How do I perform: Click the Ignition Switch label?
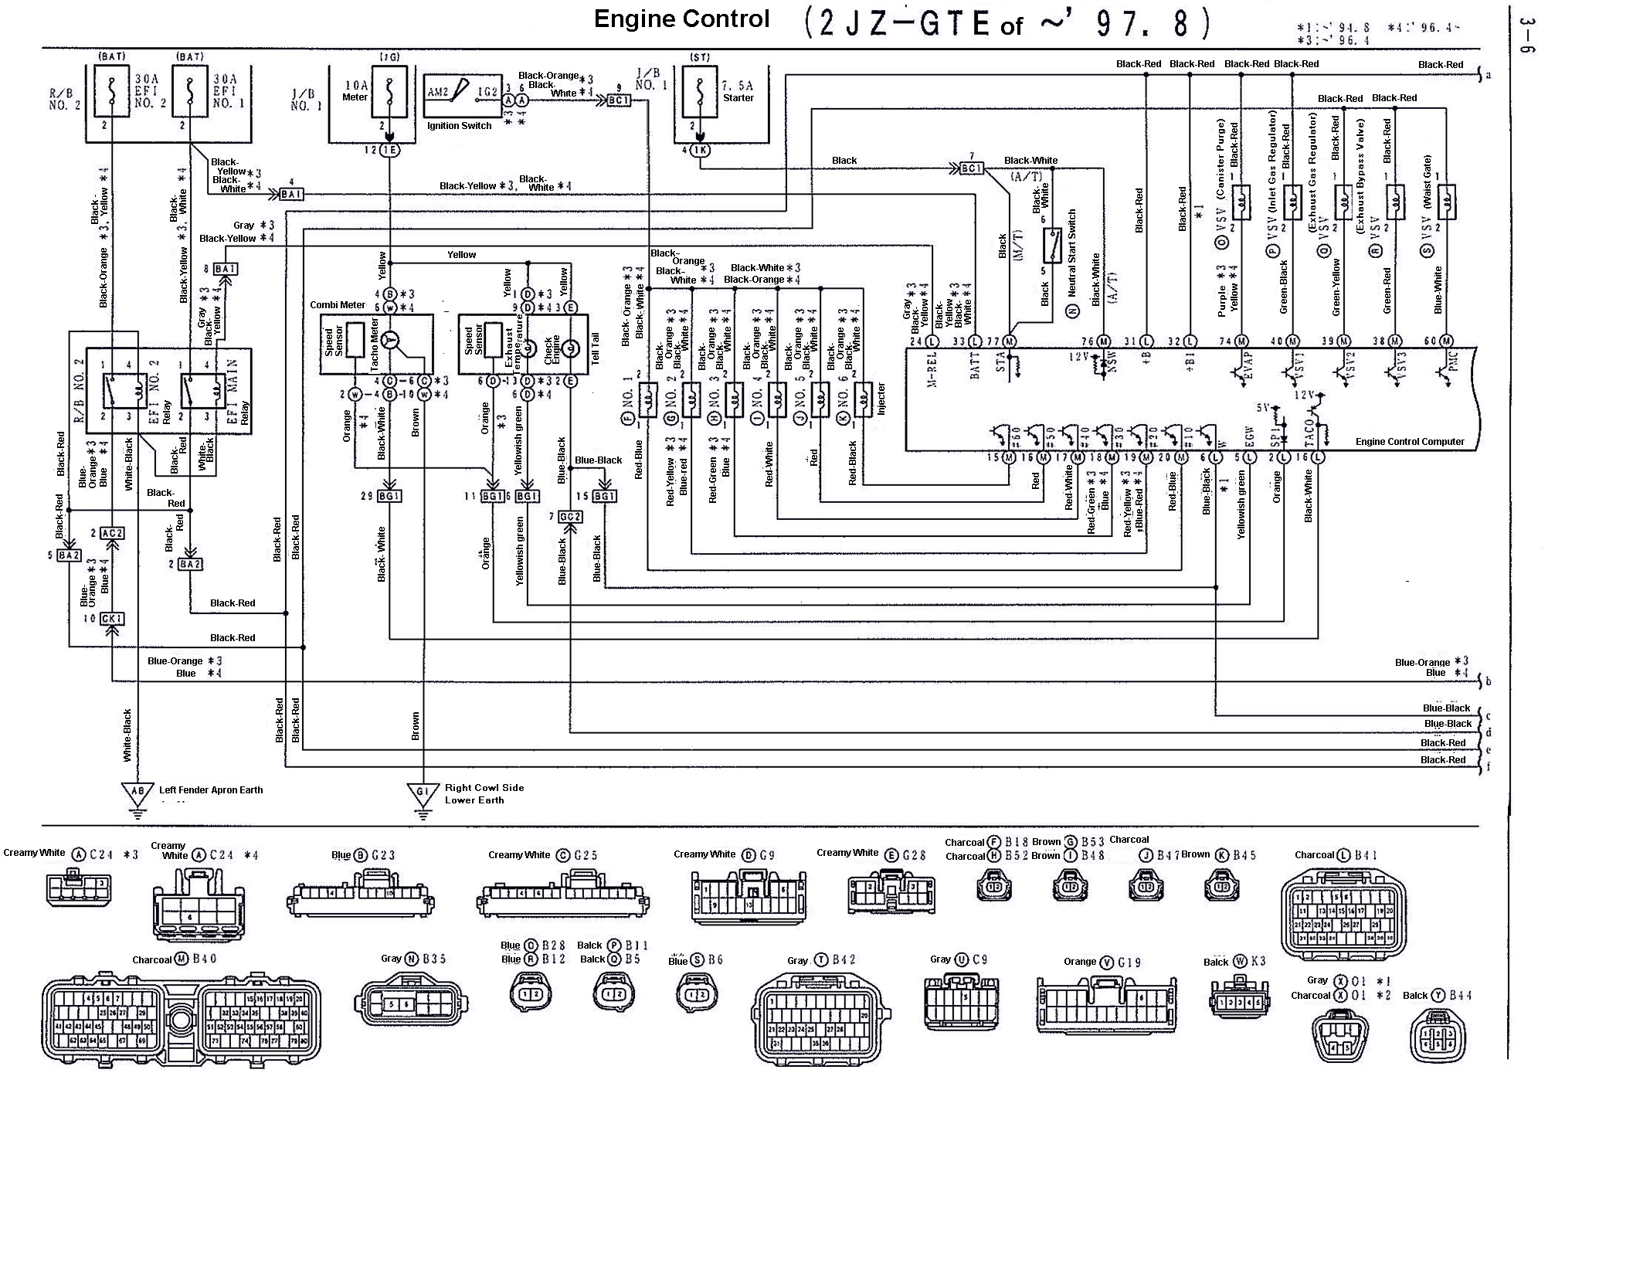tap(459, 126)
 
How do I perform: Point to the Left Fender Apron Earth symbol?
tap(137, 792)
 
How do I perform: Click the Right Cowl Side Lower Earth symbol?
tap(422, 793)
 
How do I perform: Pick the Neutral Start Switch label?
tap(1072, 255)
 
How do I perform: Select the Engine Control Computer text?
tap(1409, 442)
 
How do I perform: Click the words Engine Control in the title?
tap(681, 20)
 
